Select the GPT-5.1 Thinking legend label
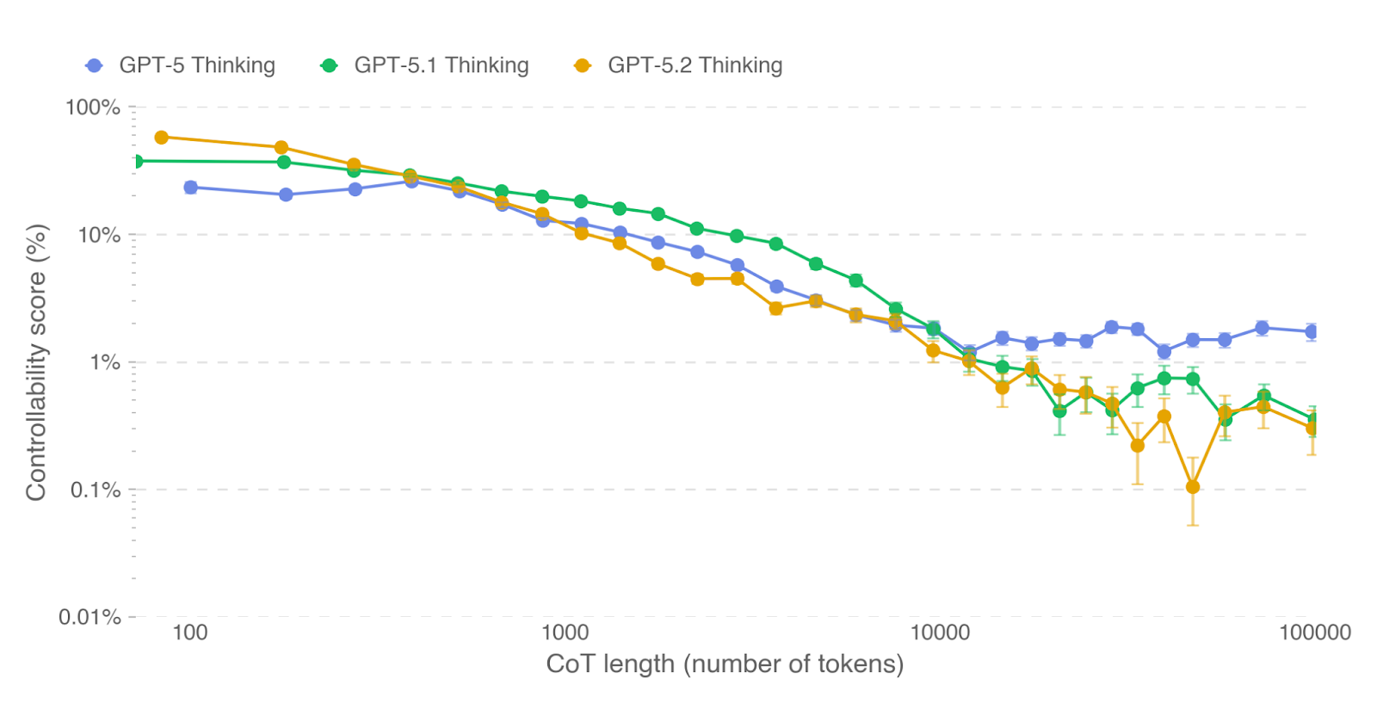click(441, 65)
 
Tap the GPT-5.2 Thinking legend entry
click(695, 65)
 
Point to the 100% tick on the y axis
click(93, 108)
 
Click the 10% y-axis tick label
click(99, 235)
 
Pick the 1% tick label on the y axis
click(105, 362)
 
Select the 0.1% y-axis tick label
click(96, 490)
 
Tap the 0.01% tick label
click(90, 617)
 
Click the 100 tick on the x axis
click(189, 633)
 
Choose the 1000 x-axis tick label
click(565, 633)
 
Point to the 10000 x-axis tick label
click(940, 633)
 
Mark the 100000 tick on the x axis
click(1314, 633)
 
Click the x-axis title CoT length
click(725, 664)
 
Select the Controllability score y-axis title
click(36, 362)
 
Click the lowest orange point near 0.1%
click(1193, 487)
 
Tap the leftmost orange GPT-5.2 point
click(161, 138)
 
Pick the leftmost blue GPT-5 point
click(190, 188)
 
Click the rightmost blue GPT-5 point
click(1312, 331)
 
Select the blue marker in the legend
click(95, 65)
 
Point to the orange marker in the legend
click(583, 65)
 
